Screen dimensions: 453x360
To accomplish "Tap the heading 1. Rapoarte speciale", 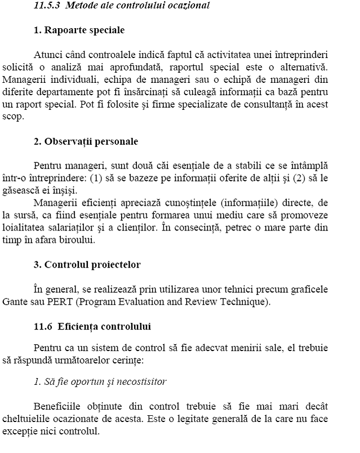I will pos(79,30).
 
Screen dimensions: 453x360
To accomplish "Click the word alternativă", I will pos(303,67).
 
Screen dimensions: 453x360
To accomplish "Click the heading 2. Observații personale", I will pos(86,141).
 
